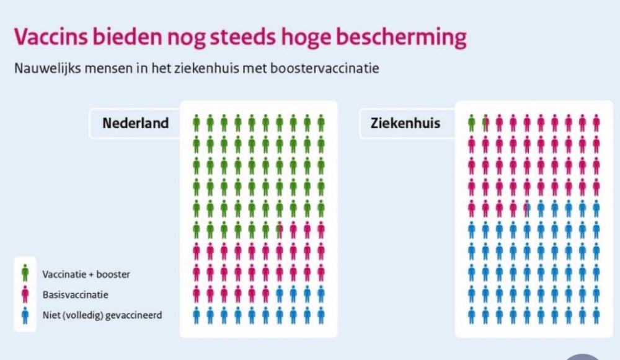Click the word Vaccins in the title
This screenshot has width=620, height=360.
(x=51, y=37)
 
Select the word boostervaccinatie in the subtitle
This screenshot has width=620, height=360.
(x=325, y=68)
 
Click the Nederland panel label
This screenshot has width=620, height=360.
(x=135, y=123)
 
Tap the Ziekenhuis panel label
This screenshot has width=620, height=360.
(x=405, y=123)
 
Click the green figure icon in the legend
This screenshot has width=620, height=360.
(x=25, y=273)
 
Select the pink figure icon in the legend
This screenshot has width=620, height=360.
(x=25, y=294)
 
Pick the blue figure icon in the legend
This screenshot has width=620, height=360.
(x=25, y=315)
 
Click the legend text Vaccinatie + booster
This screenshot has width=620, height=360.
(x=86, y=274)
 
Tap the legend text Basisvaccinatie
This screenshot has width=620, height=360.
(x=75, y=295)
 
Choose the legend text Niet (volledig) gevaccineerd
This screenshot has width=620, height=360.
(x=102, y=315)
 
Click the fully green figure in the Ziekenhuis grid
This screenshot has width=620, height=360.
(x=471, y=123)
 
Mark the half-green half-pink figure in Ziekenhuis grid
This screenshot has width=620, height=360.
(x=485, y=123)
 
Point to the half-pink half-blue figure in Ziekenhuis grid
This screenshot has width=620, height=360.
(x=527, y=208)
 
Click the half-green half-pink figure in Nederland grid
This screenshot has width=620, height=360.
(x=280, y=230)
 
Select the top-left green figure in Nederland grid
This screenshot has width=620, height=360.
(x=197, y=123)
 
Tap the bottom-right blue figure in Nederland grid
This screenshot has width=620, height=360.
(x=321, y=315)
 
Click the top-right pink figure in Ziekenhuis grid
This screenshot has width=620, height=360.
(x=596, y=123)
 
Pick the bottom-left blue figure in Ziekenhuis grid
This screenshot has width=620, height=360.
(x=471, y=315)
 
